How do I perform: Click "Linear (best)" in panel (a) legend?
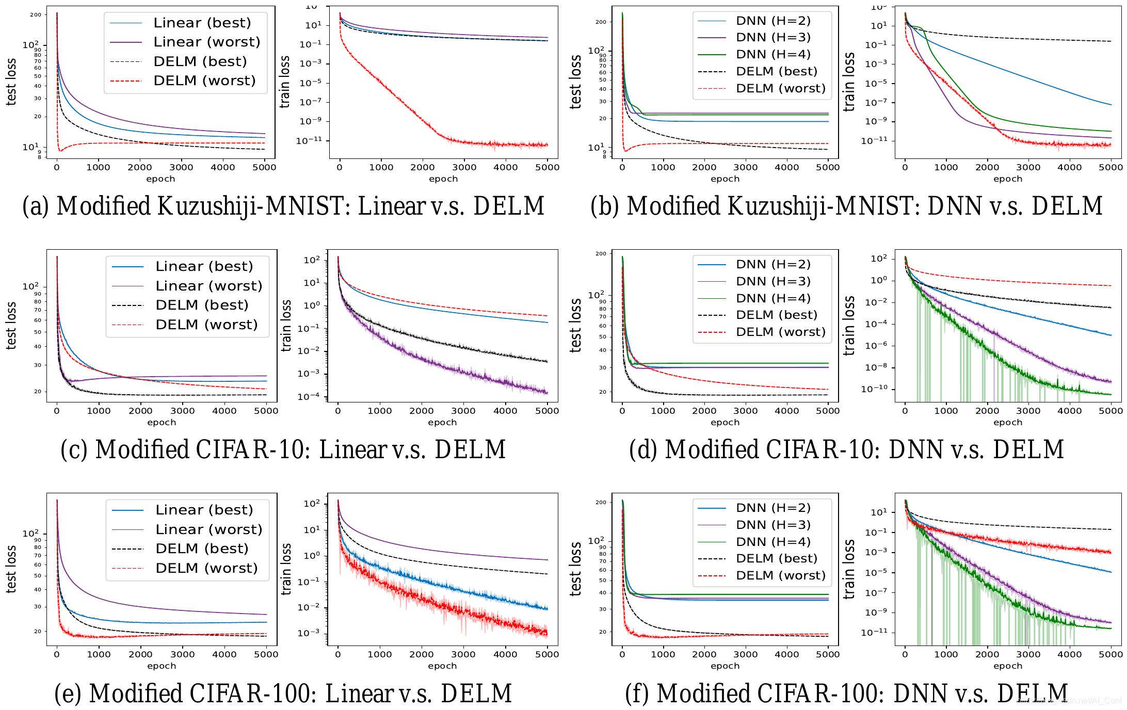(x=202, y=23)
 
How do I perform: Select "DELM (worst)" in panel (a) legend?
(x=204, y=81)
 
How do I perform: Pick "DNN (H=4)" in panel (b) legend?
(x=773, y=55)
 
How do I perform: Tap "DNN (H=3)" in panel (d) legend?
(x=773, y=282)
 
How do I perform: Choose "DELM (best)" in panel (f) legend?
(x=777, y=559)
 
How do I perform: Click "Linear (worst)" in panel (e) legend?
(x=208, y=530)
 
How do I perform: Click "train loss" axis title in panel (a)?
(x=285, y=83)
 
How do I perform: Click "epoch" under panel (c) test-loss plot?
(x=162, y=423)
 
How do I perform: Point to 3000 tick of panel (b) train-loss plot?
(x=1028, y=168)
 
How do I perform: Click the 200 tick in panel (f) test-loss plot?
(x=601, y=503)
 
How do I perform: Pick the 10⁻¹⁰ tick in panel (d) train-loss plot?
(x=874, y=389)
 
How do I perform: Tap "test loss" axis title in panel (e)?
(x=11, y=569)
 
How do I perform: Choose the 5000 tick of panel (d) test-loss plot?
(x=828, y=411)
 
